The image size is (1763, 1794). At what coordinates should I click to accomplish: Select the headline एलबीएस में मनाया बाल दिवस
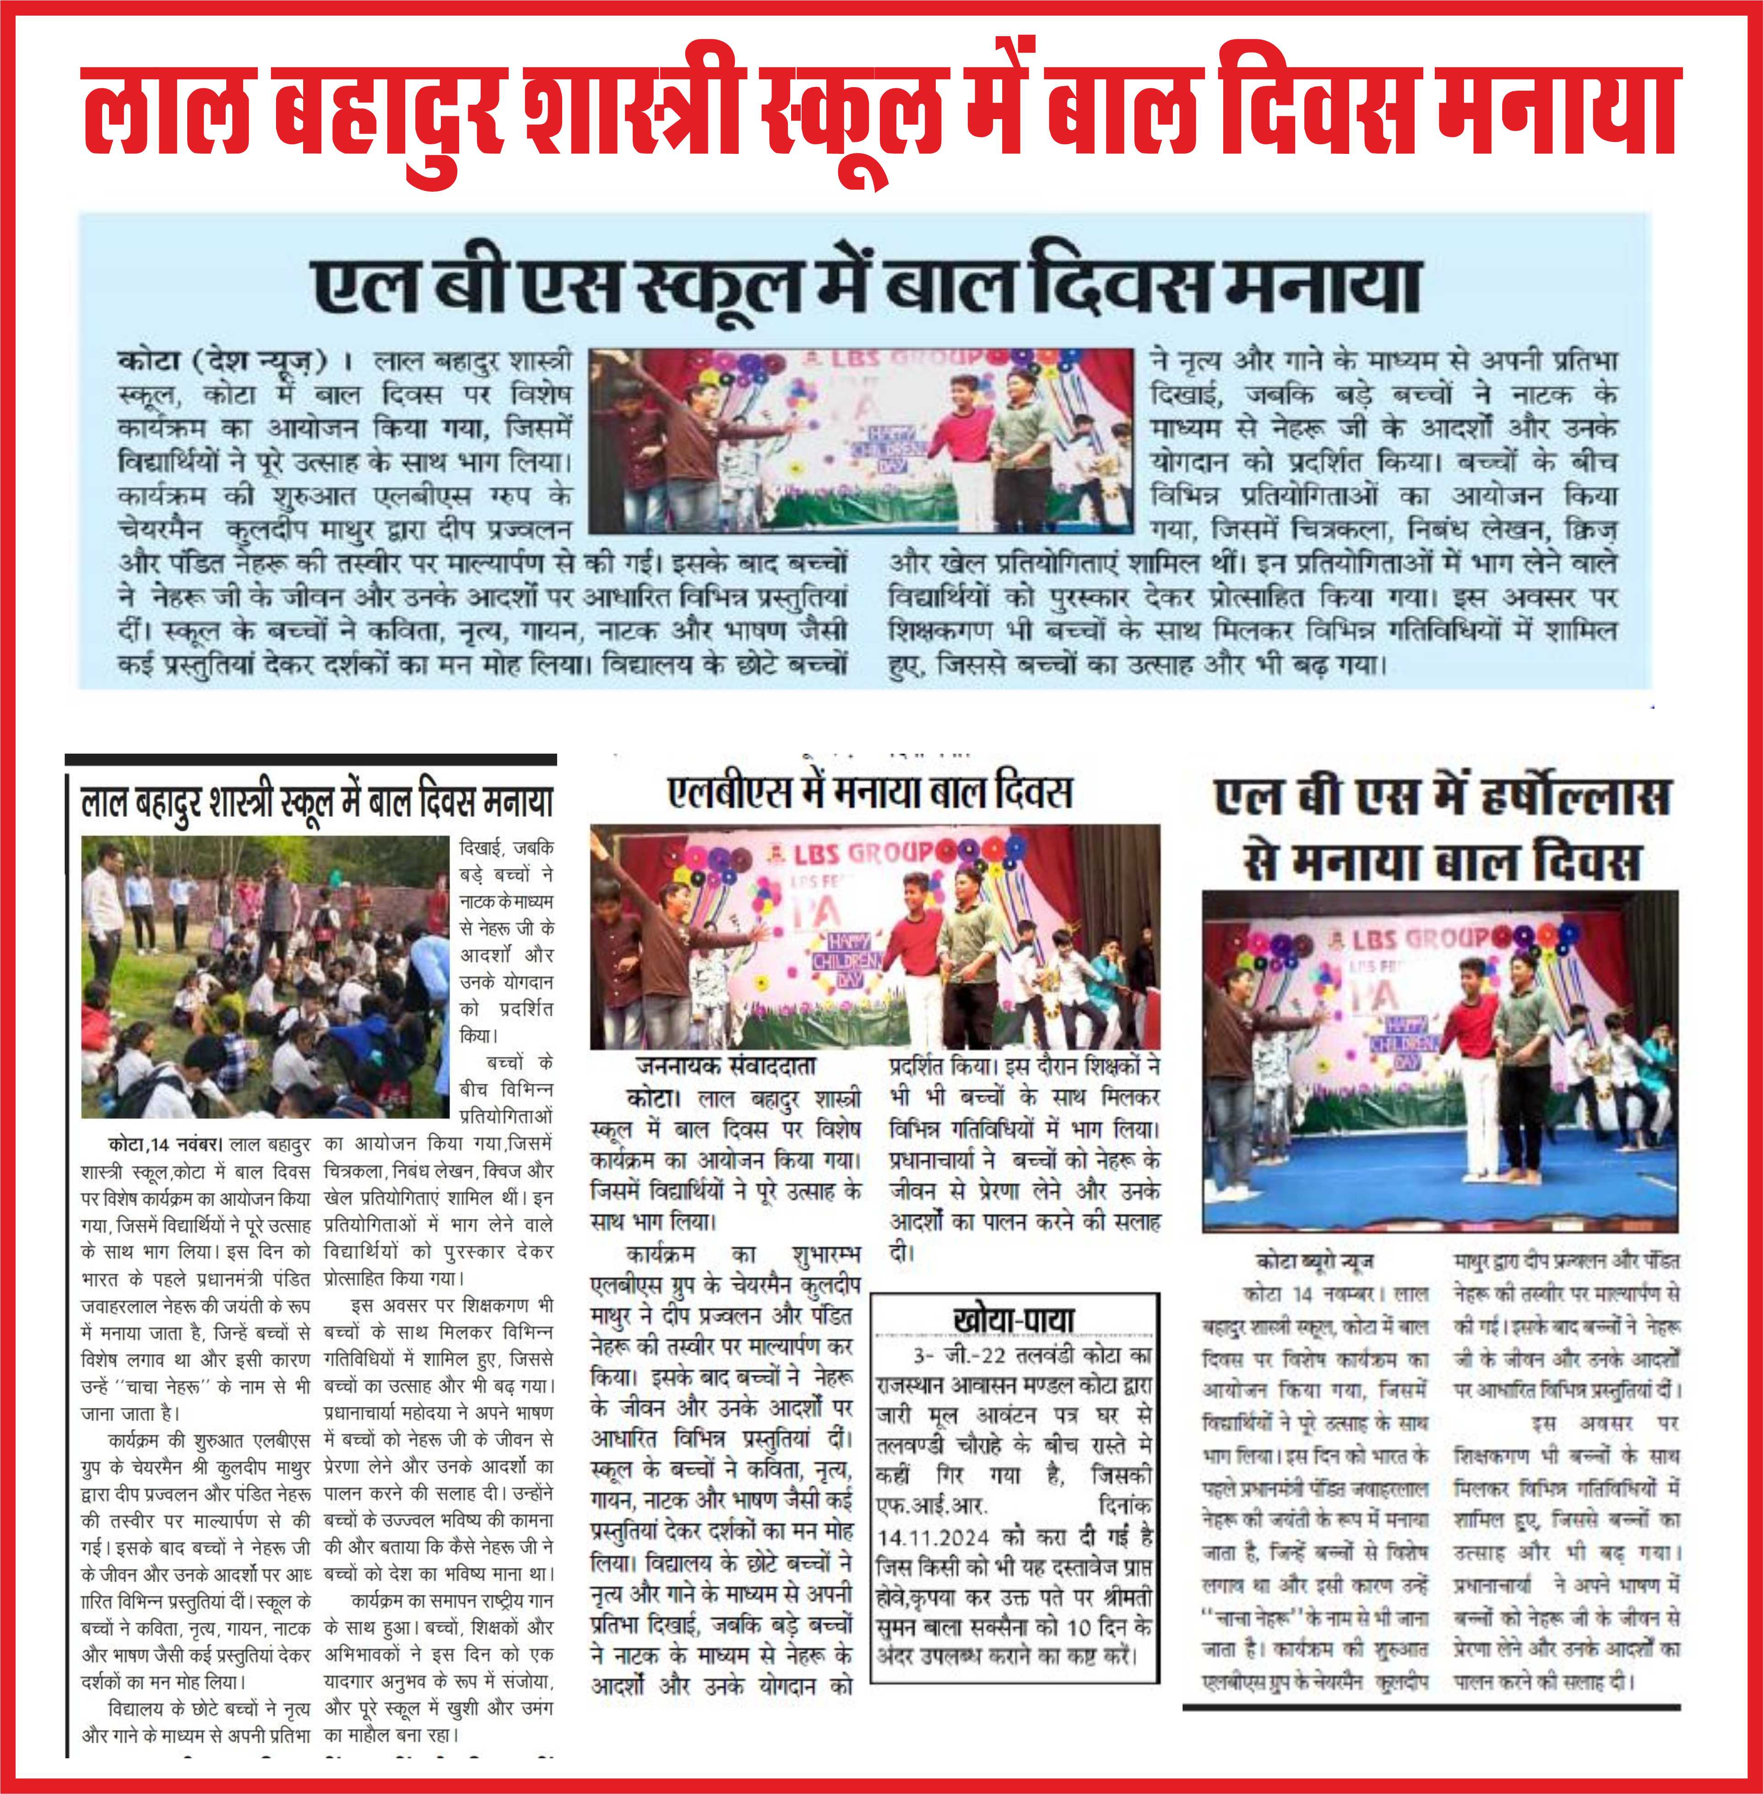click(870, 792)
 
